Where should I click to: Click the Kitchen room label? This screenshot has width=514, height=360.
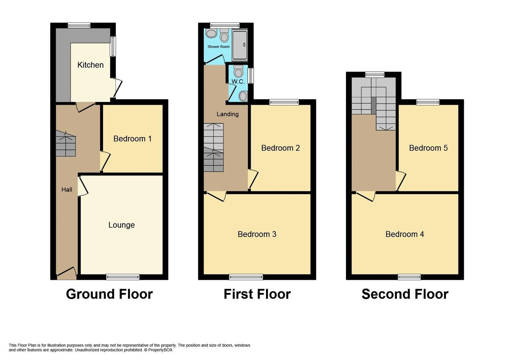(90, 65)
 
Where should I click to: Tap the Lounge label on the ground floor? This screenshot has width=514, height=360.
(121, 225)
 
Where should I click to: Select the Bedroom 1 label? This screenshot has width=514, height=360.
(132, 139)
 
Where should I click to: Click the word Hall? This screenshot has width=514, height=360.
(67, 190)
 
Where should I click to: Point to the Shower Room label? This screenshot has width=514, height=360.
(218, 47)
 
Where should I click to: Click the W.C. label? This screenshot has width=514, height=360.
(238, 82)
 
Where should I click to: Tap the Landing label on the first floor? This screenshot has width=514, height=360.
(227, 114)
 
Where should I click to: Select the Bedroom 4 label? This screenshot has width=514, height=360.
(404, 234)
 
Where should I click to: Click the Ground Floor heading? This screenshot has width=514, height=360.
(109, 294)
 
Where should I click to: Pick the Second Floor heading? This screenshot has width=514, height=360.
(405, 294)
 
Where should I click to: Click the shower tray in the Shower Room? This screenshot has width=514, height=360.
(240, 45)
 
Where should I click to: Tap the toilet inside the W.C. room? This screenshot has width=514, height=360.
(238, 71)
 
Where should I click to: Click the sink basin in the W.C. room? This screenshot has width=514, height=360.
(243, 96)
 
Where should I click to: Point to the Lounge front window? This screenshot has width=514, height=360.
(123, 277)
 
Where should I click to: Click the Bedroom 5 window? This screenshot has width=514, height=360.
(428, 102)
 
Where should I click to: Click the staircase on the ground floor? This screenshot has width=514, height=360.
(66, 144)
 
